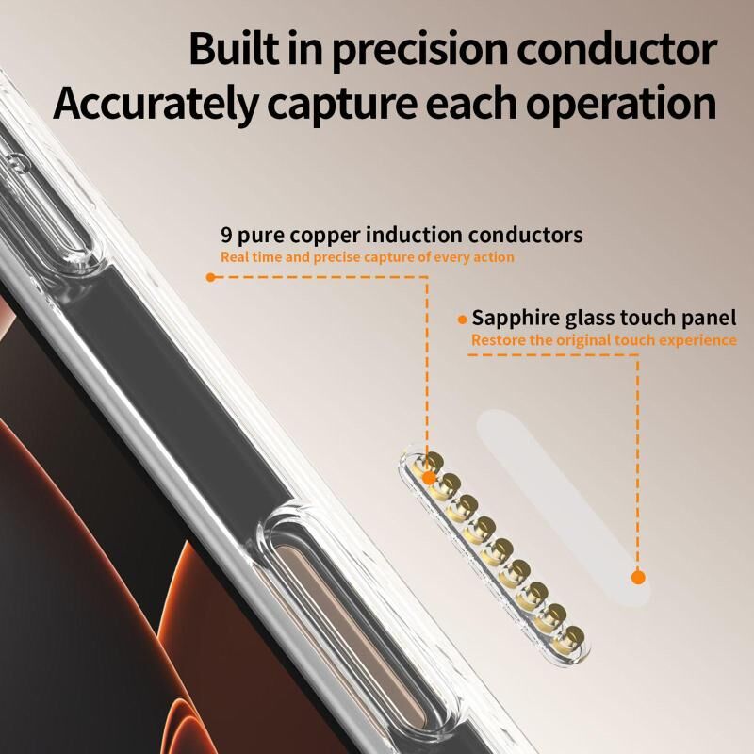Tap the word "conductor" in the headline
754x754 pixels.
617,49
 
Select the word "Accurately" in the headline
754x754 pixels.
156,104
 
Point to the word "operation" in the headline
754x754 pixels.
621,104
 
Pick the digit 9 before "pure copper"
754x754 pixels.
226,235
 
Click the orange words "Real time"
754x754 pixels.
252,257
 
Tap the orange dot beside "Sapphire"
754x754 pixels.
463,320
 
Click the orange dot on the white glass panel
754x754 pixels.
638,577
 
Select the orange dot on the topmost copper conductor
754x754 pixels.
429,478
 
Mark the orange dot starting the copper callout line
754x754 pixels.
210,277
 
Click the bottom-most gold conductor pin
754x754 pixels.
569,638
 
